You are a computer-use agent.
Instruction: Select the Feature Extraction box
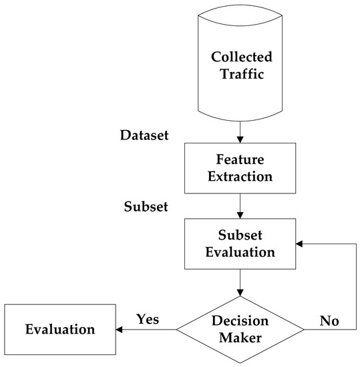point(238,169)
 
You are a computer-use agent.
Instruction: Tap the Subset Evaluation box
point(238,245)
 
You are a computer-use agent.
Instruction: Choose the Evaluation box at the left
point(60,329)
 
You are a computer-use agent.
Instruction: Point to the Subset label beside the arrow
point(146,207)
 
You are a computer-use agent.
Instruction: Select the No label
point(329,320)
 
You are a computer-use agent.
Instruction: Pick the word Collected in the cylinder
point(238,57)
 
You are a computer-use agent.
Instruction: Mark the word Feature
point(238,161)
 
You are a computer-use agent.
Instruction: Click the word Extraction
point(238,177)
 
